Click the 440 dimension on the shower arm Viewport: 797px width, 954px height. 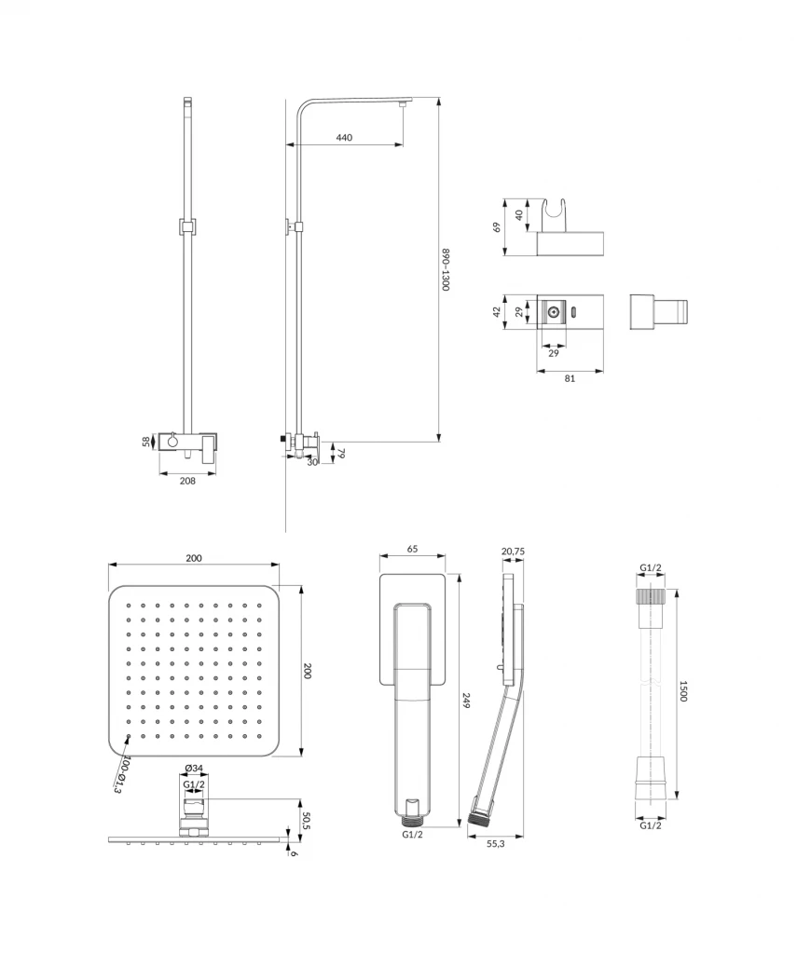(x=344, y=138)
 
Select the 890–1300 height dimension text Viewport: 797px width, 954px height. (x=446, y=270)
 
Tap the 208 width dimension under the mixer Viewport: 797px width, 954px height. (x=187, y=482)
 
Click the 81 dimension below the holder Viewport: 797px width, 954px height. (x=570, y=378)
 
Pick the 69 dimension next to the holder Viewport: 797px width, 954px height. (x=498, y=226)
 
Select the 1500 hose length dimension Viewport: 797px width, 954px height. (x=683, y=691)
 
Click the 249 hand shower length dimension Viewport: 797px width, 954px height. (x=466, y=701)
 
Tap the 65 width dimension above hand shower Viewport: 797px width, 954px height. (x=412, y=550)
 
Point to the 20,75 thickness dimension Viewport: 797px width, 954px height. (x=513, y=552)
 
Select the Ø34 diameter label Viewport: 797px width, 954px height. (x=194, y=769)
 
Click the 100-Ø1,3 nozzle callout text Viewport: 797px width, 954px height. (x=121, y=775)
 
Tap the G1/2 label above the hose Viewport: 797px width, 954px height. (x=651, y=568)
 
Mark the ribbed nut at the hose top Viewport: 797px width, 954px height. (x=651, y=597)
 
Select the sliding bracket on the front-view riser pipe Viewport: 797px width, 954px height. (x=187, y=226)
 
